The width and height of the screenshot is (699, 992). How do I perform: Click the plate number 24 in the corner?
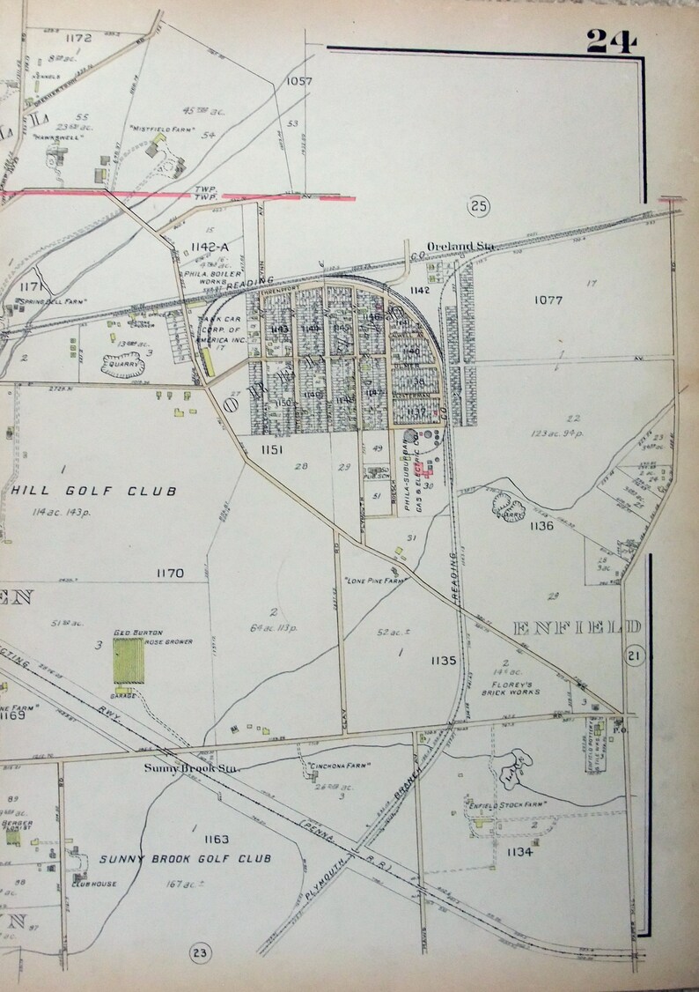coord(610,41)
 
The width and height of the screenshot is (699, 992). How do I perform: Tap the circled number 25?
coord(479,206)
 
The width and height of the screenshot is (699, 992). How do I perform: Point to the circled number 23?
coord(200,952)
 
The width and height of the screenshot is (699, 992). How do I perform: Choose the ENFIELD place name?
coord(576,627)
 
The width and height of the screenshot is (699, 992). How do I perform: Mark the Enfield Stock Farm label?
coord(507,805)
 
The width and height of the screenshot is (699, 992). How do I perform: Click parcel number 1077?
coord(548,300)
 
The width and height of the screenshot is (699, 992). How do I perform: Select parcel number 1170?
coord(169,574)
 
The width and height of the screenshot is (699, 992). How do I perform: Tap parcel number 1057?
coord(299,81)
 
